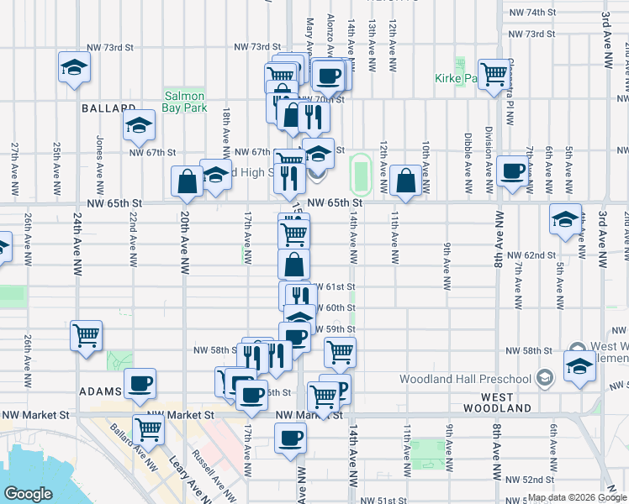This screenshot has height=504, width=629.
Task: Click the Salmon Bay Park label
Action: (x=185, y=102)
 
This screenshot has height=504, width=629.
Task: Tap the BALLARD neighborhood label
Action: (x=108, y=109)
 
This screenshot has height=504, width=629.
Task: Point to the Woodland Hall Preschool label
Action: (x=477, y=379)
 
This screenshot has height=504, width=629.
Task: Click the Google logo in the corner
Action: (x=28, y=494)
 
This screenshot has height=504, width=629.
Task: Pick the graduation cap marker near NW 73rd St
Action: (x=74, y=67)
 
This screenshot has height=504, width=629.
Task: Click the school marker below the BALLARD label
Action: (x=140, y=126)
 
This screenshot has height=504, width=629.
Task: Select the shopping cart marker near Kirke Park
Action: (x=494, y=73)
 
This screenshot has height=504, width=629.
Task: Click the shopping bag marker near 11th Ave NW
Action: (x=406, y=181)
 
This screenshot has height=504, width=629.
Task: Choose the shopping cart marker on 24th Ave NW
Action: (x=86, y=336)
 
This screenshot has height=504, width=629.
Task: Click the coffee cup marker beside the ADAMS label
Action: (x=140, y=384)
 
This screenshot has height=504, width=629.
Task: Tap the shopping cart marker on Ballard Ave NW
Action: (x=149, y=430)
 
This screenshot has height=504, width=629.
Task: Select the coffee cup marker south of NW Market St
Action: (x=291, y=438)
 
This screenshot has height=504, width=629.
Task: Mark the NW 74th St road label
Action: (x=540, y=13)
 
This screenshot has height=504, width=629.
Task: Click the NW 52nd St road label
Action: (x=536, y=479)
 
